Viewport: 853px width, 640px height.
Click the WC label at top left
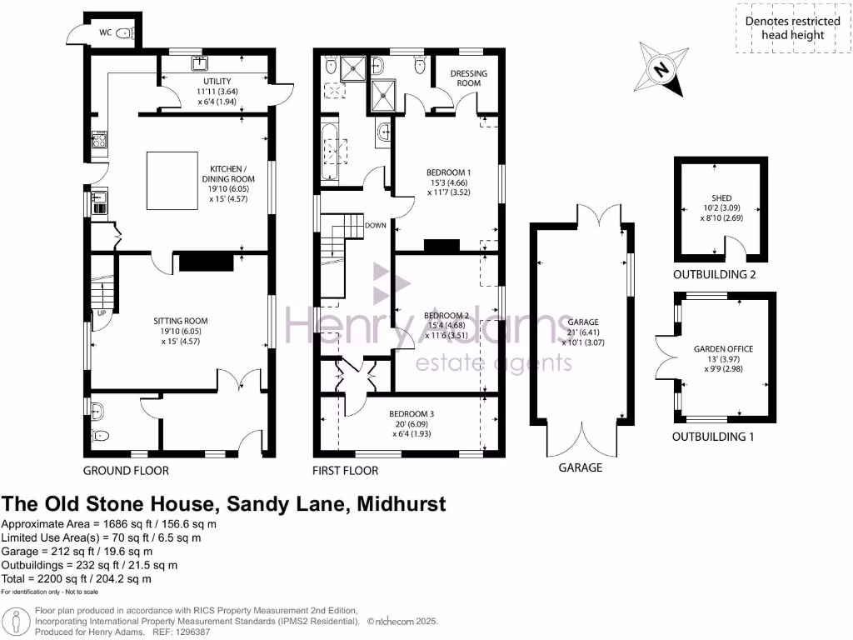pos(106,33)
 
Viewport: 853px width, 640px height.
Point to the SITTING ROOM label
pos(180,321)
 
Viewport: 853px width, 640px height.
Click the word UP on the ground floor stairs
pos(102,313)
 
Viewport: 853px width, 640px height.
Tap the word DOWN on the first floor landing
pos(376,225)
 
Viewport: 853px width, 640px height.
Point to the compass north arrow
pos(660,69)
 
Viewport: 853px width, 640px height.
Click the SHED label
pos(721,198)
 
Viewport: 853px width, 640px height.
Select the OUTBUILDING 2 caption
pos(719,274)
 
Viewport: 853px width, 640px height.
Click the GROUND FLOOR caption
pos(126,471)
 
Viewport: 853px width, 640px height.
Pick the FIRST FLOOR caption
pos(345,471)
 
